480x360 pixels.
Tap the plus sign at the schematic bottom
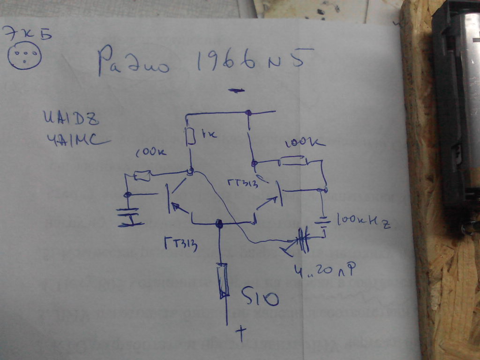click(241, 333)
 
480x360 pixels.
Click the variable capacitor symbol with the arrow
click(302, 239)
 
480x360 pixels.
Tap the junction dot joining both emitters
click(218, 224)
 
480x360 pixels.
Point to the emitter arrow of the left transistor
click(176, 207)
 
